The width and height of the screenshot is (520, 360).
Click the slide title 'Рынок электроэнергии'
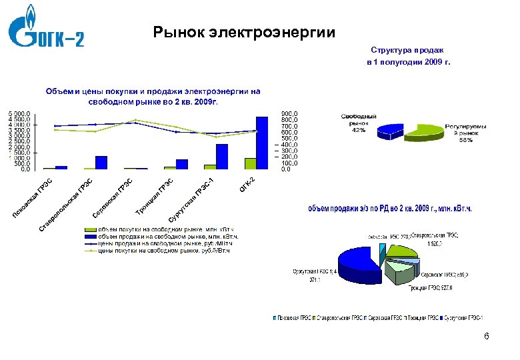(x=244, y=31)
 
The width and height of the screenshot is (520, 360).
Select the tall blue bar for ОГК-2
(x=262, y=143)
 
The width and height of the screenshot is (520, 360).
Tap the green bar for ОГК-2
(x=250, y=163)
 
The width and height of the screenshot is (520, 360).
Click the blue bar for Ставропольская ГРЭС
(x=101, y=162)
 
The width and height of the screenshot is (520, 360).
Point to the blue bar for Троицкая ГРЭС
(x=182, y=164)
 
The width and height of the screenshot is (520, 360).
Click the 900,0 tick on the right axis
(x=289, y=114)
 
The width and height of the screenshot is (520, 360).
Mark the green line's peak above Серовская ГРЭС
(x=135, y=120)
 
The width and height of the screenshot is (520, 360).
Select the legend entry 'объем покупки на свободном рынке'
(x=163, y=229)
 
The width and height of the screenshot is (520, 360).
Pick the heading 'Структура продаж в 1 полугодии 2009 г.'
(x=407, y=56)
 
